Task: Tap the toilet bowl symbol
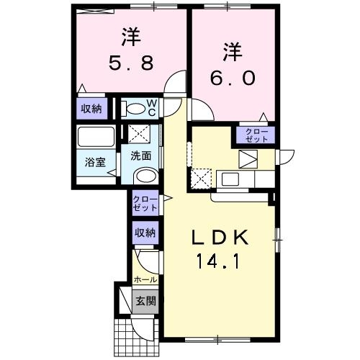[133, 109]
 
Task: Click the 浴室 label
[96, 161]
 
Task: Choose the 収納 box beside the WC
[91, 109]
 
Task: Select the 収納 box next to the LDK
[145, 232]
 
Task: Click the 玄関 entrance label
[145, 300]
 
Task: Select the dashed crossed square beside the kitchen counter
[201, 176]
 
